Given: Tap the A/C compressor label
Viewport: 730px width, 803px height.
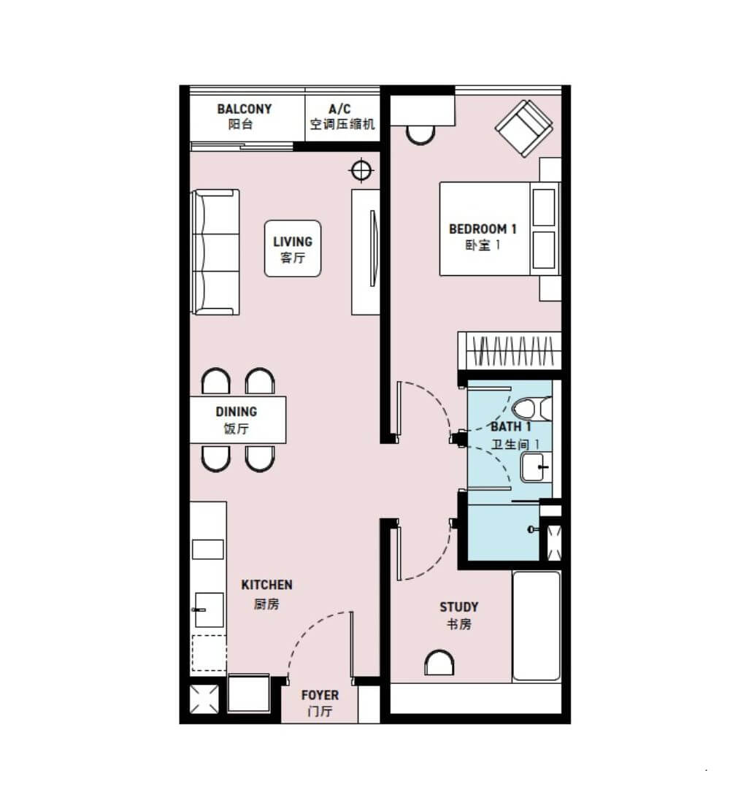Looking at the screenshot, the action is tap(342, 116).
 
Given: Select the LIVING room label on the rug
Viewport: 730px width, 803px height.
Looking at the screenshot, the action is tap(293, 249).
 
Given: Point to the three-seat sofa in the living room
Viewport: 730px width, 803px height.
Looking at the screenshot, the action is tap(215, 252).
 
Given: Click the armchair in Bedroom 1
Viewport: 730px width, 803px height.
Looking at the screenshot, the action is tap(523, 128).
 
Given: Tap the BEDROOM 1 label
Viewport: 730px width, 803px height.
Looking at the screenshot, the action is tap(483, 237).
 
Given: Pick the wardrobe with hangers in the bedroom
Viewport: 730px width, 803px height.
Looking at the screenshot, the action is tap(510, 350).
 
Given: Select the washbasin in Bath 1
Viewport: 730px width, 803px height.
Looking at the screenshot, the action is tap(535, 467).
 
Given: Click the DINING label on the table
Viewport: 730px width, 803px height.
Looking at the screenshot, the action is tap(237, 420).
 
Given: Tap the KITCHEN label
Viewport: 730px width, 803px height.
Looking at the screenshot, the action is tap(266, 594).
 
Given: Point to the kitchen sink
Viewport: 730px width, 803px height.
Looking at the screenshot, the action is tap(209, 610).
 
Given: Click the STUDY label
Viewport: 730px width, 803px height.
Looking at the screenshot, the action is tap(458, 615).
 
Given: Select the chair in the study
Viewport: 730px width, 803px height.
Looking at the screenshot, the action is tap(439, 663).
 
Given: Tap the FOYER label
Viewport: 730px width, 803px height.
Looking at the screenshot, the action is tap(320, 702).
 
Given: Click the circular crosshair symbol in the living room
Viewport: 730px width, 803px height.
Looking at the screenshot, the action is tap(361, 170).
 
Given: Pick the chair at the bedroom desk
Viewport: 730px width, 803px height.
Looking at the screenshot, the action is tap(420, 135).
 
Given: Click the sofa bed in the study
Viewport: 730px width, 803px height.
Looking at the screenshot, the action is tap(537, 626).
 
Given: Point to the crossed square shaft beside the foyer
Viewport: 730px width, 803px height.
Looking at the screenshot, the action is tap(204, 699).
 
